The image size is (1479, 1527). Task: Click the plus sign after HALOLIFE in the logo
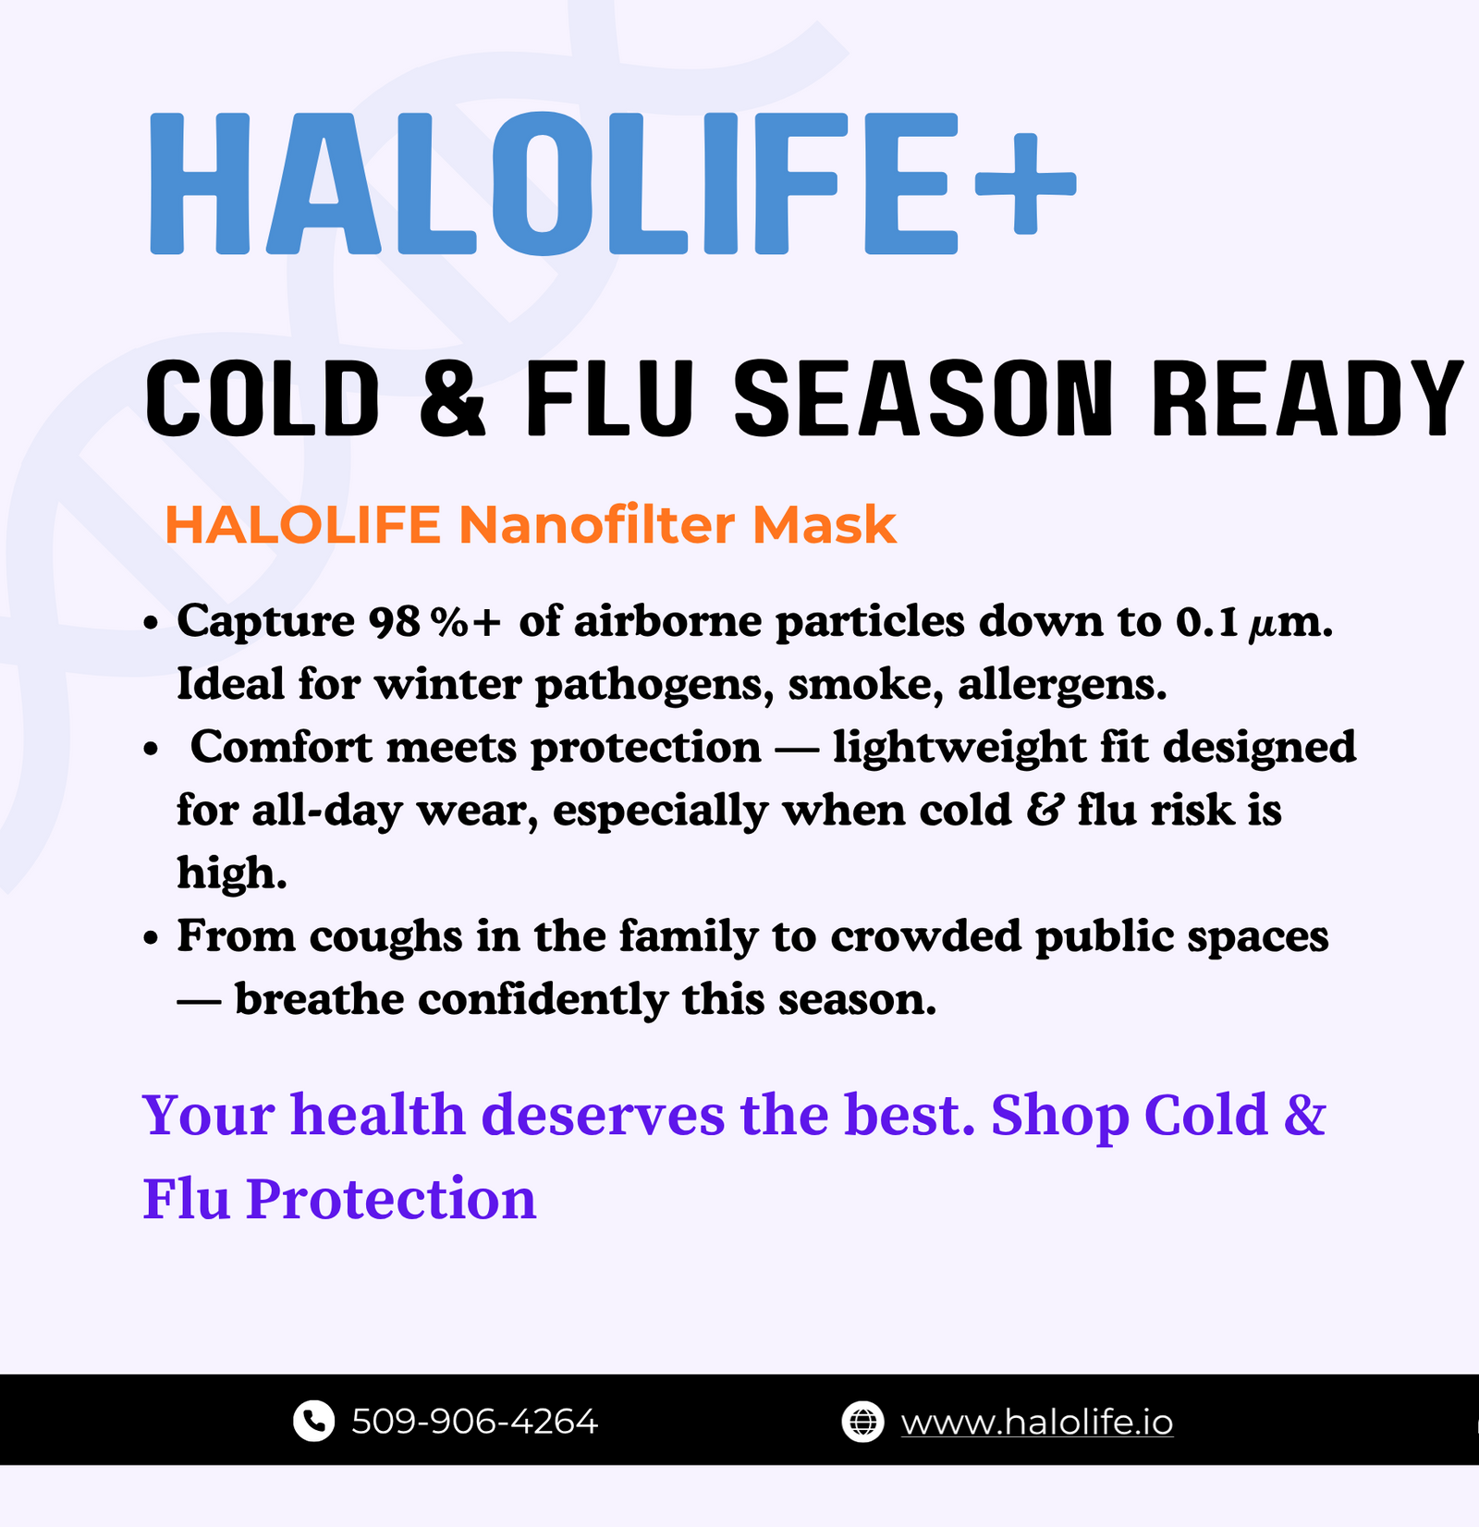tap(1026, 184)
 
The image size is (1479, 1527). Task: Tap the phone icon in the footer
tap(313, 1421)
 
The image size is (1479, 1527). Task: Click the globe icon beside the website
tap(862, 1422)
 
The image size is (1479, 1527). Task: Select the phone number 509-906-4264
tap(474, 1422)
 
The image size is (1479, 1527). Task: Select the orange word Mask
tap(825, 525)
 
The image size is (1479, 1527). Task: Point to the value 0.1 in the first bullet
tap(1207, 622)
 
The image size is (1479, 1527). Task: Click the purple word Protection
tap(391, 1199)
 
